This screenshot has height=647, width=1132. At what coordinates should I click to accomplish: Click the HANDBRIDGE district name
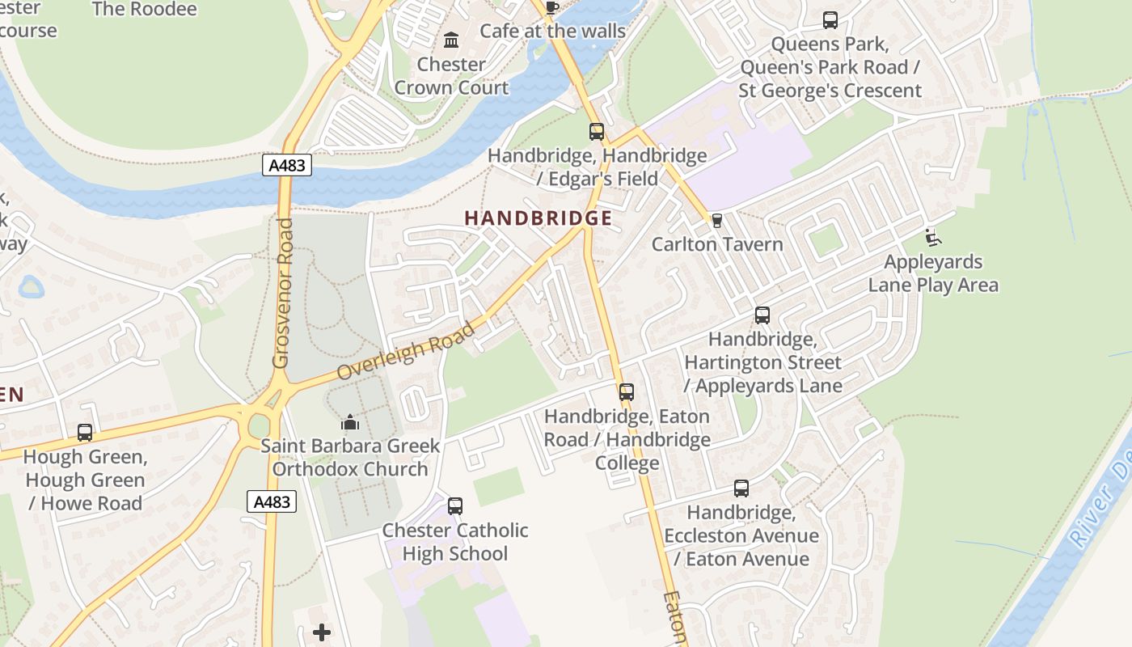538,218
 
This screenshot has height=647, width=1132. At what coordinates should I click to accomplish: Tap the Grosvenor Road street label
282,293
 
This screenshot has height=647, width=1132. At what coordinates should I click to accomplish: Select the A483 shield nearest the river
287,165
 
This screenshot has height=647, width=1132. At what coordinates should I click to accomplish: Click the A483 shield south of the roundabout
272,501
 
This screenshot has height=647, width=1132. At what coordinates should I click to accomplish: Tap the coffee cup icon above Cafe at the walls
551,8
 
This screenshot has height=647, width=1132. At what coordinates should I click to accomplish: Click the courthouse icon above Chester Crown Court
451,40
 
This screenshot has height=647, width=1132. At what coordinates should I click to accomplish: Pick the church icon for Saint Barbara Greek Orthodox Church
350,422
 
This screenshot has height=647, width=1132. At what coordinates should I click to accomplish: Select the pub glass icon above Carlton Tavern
716,220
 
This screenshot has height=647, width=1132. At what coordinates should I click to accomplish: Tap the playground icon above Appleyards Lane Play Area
932,238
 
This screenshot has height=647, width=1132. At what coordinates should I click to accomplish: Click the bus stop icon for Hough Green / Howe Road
85,433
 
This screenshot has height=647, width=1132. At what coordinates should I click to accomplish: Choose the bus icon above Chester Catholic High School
455,506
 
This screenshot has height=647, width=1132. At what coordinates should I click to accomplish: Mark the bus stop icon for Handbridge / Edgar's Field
597,131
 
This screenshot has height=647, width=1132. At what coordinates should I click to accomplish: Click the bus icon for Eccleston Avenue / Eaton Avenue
741,488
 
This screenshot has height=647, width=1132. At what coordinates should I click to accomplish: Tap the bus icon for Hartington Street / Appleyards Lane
762,315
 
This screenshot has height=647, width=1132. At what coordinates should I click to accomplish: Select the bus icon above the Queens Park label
830,20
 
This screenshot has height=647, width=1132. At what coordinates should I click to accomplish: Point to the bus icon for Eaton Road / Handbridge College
627,392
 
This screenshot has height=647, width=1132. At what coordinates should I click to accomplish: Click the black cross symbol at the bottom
322,632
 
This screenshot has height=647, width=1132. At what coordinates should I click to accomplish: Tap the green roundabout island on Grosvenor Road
259,425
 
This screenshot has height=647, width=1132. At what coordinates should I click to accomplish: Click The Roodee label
145,10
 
